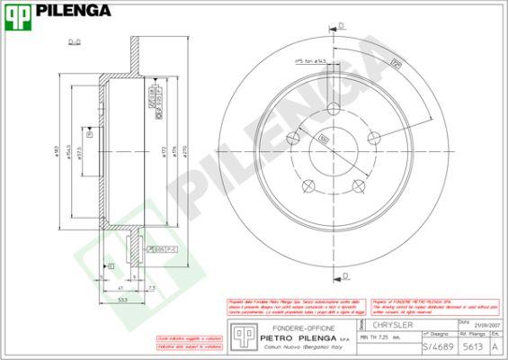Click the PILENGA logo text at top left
click(x=61, y=11)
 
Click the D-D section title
click(x=75, y=42)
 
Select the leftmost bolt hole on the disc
click(x=291, y=138)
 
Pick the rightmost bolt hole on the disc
click(x=376, y=138)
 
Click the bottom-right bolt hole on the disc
click(x=359, y=186)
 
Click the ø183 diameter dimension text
click(x=57, y=153)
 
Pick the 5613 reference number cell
click(x=463, y=345)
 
